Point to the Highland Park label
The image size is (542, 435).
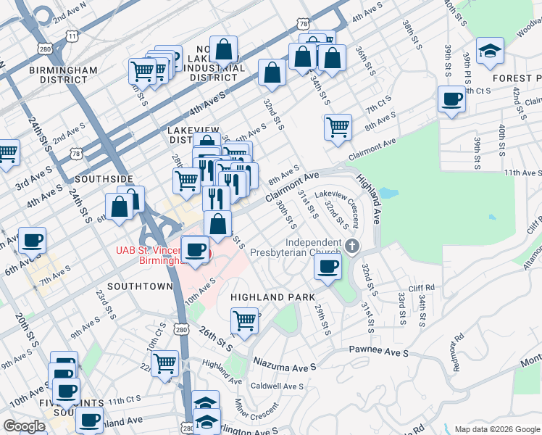point(272,297)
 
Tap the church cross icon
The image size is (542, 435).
point(352,244)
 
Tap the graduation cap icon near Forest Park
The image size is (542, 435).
point(492,51)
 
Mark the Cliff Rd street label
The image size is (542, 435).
point(420,288)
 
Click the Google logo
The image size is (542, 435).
point(24,426)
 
